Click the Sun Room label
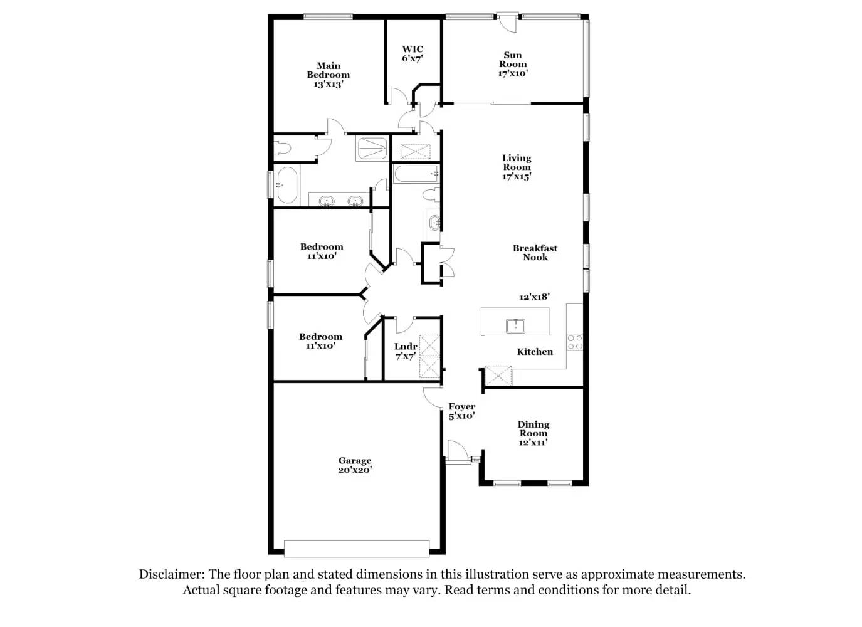coord(513,64)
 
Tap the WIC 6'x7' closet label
coord(413,53)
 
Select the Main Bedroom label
coord(329,75)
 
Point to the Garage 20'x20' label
coord(355,465)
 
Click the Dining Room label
coord(533,433)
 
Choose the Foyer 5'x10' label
coord(461,411)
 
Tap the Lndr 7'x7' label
coord(406,351)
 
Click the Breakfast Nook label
coord(535,253)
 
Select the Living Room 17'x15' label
coord(517,167)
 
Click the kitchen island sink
coord(515,325)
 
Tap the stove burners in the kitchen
coord(575,342)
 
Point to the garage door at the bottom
coord(357,549)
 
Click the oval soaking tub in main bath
coord(286,185)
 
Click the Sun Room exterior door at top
coord(509,20)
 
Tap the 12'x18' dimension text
coord(534,297)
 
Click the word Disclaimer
coord(171,574)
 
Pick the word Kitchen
coord(535,352)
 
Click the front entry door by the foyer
coord(457,451)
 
